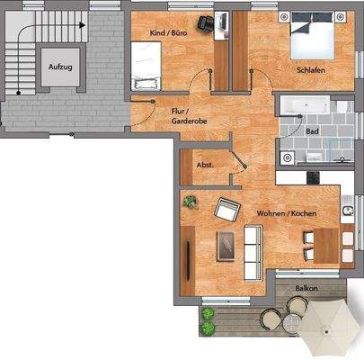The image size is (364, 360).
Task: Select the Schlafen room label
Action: coord(309,69)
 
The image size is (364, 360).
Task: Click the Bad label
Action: coord(312,131)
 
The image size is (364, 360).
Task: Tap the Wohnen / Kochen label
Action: coord(286,213)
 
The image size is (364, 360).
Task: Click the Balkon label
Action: coord(306,288)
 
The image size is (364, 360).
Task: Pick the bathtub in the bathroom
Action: coord(305,107)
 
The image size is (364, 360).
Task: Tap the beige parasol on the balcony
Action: coord(327,329)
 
